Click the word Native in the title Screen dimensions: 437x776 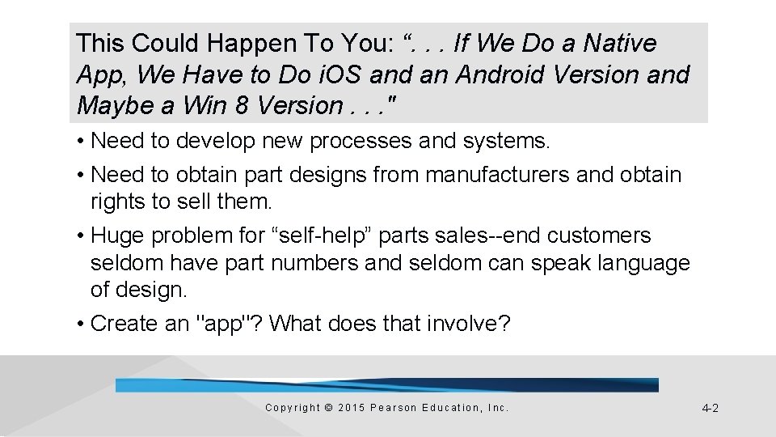pos(621,43)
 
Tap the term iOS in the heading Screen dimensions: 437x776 pos(344,74)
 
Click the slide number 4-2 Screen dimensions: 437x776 pos(710,409)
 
